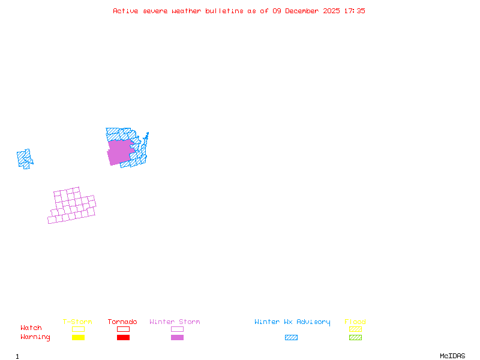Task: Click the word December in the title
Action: click(x=303, y=11)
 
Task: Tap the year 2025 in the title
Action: click(x=332, y=11)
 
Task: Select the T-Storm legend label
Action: click(x=77, y=322)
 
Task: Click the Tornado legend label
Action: click(x=122, y=322)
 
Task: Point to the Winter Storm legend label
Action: click(x=175, y=322)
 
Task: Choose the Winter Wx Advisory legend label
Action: click(x=292, y=322)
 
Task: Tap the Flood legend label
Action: click(x=355, y=322)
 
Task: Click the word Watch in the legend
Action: click(x=31, y=328)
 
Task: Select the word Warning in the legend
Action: click(x=35, y=337)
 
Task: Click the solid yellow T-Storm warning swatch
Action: click(x=78, y=338)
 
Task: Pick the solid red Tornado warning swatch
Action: click(x=123, y=338)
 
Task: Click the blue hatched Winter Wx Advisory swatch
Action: click(x=291, y=338)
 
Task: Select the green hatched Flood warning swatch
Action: click(x=355, y=338)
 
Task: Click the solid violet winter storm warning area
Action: click(x=120, y=152)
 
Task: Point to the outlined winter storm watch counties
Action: click(x=73, y=206)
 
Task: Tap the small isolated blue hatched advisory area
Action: click(x=25, y=158)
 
